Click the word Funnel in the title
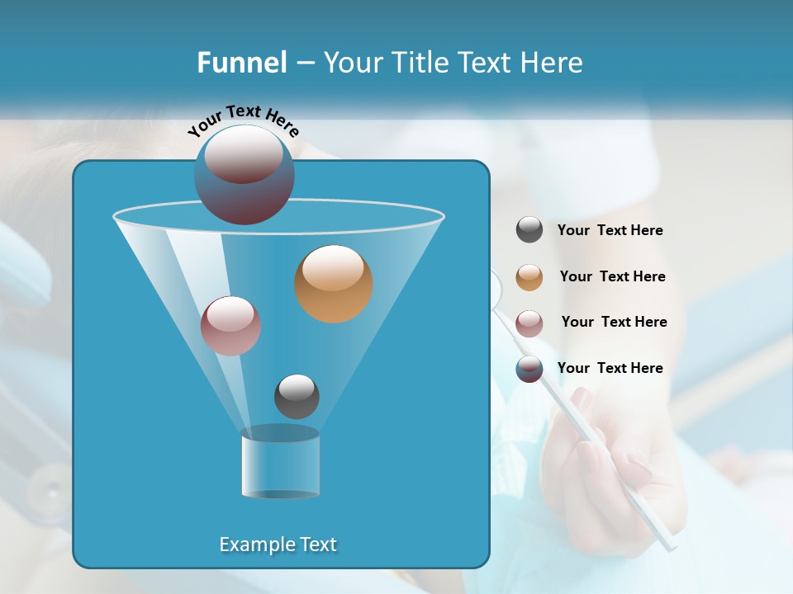(241, 63)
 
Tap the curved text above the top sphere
(244, 121)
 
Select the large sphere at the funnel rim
(244, 174)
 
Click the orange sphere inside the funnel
(333, 284)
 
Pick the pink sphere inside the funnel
(230, 326)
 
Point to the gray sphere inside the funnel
(297, 396)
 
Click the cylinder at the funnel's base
(280, 462)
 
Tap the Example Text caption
(278, 544)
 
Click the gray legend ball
(529, 230)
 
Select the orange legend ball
(529, 277)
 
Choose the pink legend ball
(529, 323)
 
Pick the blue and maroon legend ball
(529, 369)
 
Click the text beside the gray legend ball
(610, 231)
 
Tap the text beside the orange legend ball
(612, 277)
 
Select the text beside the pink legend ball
(614, 323)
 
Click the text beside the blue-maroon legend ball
(610, 369)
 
